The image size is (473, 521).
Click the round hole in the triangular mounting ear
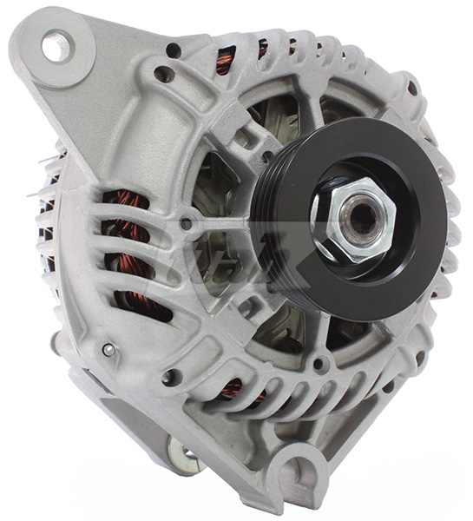pyautogui.click(x=56, y=45)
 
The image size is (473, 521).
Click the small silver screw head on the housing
pyautogui.click(x=108, y=350)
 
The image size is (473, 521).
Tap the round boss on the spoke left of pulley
pyautogui.click(x=186, y=224)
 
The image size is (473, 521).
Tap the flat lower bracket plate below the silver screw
pyautogui.click(x=130, y=408)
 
